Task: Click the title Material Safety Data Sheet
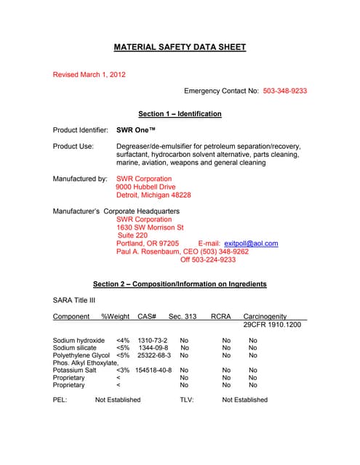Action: tap(180, 47)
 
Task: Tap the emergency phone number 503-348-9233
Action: tap(285, 91)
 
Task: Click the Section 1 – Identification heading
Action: tap(180, 114)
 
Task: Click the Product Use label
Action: tap(73, 146)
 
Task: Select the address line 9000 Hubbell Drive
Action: tap(145, 187)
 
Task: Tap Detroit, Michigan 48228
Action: tap(153, 195)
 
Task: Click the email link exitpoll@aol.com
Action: tap(251, 243)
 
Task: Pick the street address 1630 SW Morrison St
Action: tap(150, 227)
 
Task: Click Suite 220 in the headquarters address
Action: tap(132, 235)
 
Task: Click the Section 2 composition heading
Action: tap(180, 284)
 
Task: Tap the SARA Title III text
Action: tap(74, 300)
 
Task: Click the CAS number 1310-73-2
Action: tap(153, 340)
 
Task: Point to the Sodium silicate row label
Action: tap(75, 348)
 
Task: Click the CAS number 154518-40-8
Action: tap(153, 370)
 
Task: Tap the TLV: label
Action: tap(187, 400)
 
